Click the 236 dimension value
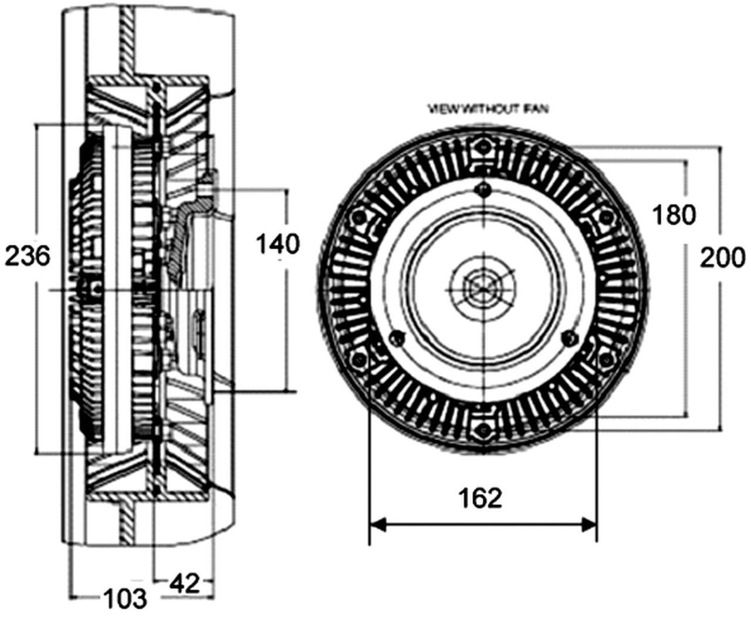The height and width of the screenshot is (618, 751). [x=28, y=256]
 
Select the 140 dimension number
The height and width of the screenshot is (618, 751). [x=278, y=243]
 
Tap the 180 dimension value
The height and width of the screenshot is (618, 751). [x=674, y=215]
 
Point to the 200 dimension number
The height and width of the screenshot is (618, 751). [x=722, y=257]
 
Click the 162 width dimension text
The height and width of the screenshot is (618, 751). [x=481, y=498]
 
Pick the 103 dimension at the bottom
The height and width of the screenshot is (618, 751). [x=124, y=599]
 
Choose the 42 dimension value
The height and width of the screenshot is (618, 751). [x=184, y=583]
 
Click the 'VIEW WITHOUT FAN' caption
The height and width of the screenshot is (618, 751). [x=488, y=109]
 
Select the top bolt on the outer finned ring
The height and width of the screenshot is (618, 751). [x=482, y=147]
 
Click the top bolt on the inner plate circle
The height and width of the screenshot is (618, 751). [x=482, y=189]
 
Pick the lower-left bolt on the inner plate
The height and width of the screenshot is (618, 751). [x=397, y=337]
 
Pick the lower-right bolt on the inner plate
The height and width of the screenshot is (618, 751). [x=567, y=337]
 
